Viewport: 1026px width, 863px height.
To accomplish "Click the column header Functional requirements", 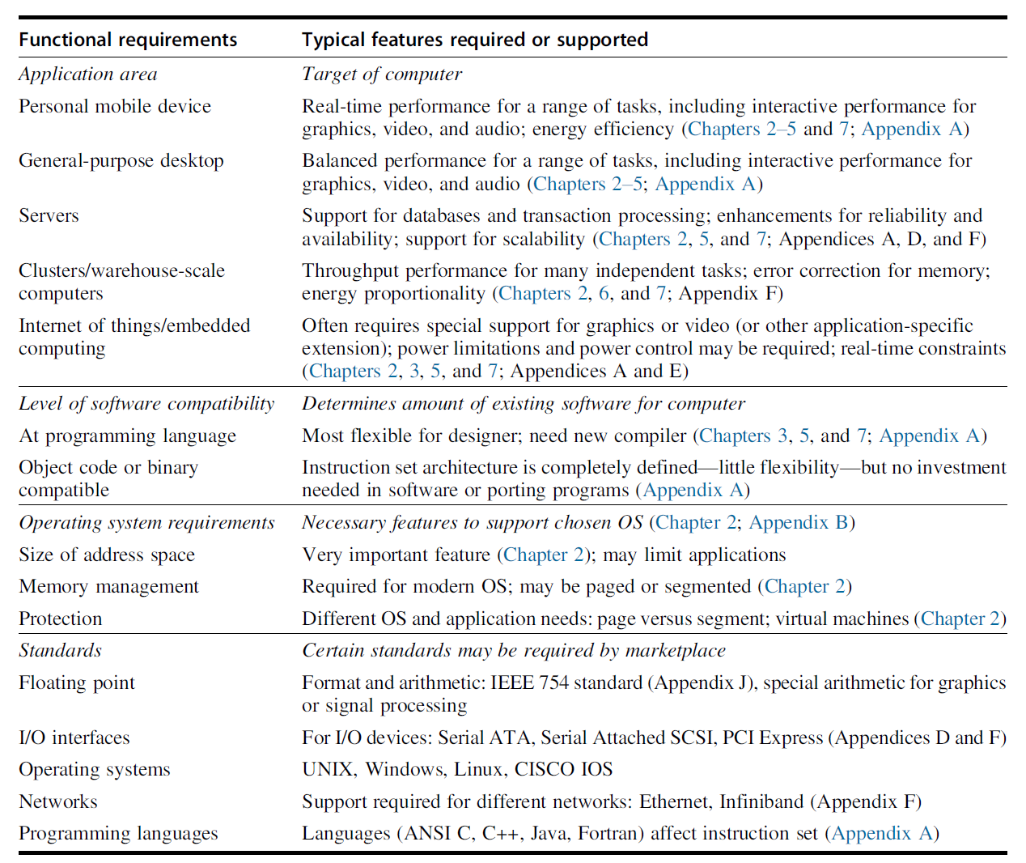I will tap(128, 40).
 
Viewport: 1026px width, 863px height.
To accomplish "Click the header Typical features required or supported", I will tap(475, 40).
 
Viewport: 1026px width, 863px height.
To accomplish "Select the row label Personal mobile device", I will tap(115, 106).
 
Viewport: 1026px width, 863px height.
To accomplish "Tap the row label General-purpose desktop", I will tap(121, 160).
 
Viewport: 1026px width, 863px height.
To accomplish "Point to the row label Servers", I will tap(49, 215).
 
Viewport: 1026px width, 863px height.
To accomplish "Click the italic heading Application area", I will tap(88, 74).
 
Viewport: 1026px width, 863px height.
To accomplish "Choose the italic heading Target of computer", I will tap(382, 74).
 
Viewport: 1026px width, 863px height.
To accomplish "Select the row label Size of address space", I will tap(107, 555).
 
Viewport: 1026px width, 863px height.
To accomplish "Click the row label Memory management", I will tap(108, 586).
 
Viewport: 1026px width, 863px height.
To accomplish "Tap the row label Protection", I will tap(61, 619).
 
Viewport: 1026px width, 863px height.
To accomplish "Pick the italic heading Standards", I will tap(61, 650).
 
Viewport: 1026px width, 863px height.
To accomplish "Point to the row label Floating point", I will tap(77, 682).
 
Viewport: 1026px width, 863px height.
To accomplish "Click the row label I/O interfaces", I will tap(74, 738).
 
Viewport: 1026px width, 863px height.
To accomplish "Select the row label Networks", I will tap(58, 801).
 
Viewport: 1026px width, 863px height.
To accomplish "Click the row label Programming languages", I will tap(118, 833).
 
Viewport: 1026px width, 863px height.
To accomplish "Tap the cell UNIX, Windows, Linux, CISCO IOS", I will tap(457, 769).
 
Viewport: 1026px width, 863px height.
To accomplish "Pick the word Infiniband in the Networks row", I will tap(761, 801).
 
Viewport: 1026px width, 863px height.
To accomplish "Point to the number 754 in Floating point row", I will tap(553, 682).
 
